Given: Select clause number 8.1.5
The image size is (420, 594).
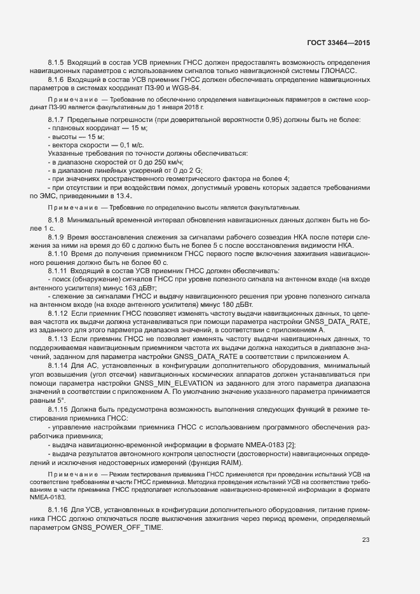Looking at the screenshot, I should (56, 62).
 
